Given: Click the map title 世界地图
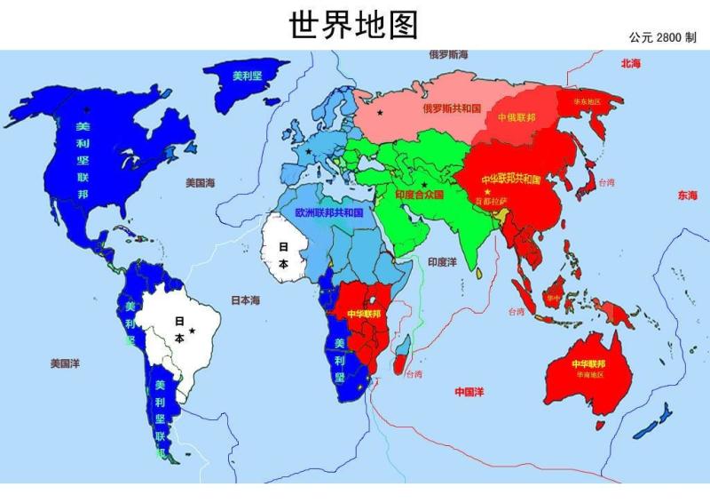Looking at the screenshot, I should tap(353, 24).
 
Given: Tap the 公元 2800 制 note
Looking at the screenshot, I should tap(663, 37).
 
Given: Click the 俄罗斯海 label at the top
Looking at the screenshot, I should tap(448, 55).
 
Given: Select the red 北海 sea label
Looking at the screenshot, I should tap(631, 63).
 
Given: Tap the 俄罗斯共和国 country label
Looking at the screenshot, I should tap(451, 108).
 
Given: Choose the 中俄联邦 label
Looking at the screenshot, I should tap(517, 117).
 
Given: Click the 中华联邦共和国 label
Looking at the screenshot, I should tap(511, 180).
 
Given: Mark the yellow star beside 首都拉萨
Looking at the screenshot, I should tap(487, 192).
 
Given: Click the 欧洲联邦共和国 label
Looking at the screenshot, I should tap(329, 213).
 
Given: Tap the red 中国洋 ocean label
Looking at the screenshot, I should tap(469, 391).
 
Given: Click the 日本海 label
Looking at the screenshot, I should tap(246, 300).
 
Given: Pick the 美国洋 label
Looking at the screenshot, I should tap(65, 363).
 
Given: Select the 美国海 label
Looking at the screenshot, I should tap(201, 183).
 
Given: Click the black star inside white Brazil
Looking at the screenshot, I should tap(192, 331).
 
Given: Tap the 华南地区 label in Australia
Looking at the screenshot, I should tap(589, 375).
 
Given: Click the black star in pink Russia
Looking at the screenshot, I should tap(381, 113).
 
